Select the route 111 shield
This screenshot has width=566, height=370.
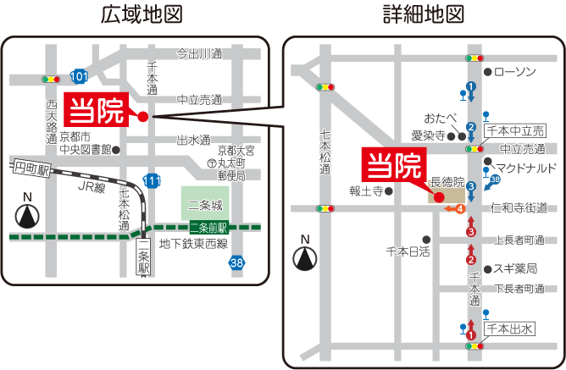[x=153, y=181]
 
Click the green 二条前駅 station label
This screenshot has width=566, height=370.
[x=208, y=227]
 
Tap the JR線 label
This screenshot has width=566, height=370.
[x=91, y=187]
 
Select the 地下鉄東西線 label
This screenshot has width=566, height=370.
[x=194, y=245]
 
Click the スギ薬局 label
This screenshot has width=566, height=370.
[x=514, y=268]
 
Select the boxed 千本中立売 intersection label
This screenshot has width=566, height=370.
[x=515, y=130]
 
